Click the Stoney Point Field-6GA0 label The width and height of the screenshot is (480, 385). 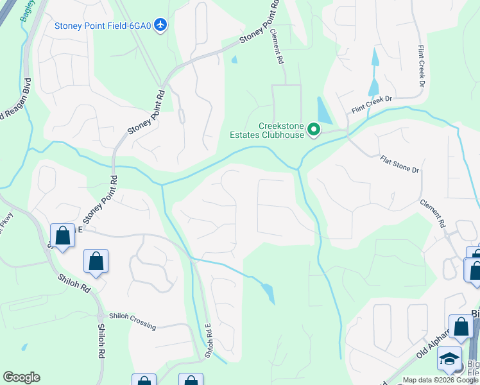(103, 25)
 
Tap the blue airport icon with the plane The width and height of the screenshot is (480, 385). (160, 25)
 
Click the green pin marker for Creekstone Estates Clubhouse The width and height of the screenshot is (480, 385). (314, 130)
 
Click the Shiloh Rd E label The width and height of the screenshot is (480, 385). (209, 341)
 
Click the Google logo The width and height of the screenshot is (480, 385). (21, 377)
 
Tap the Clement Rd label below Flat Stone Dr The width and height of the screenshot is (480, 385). (433, 214)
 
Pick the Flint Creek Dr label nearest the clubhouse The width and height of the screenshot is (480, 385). (370, 104)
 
